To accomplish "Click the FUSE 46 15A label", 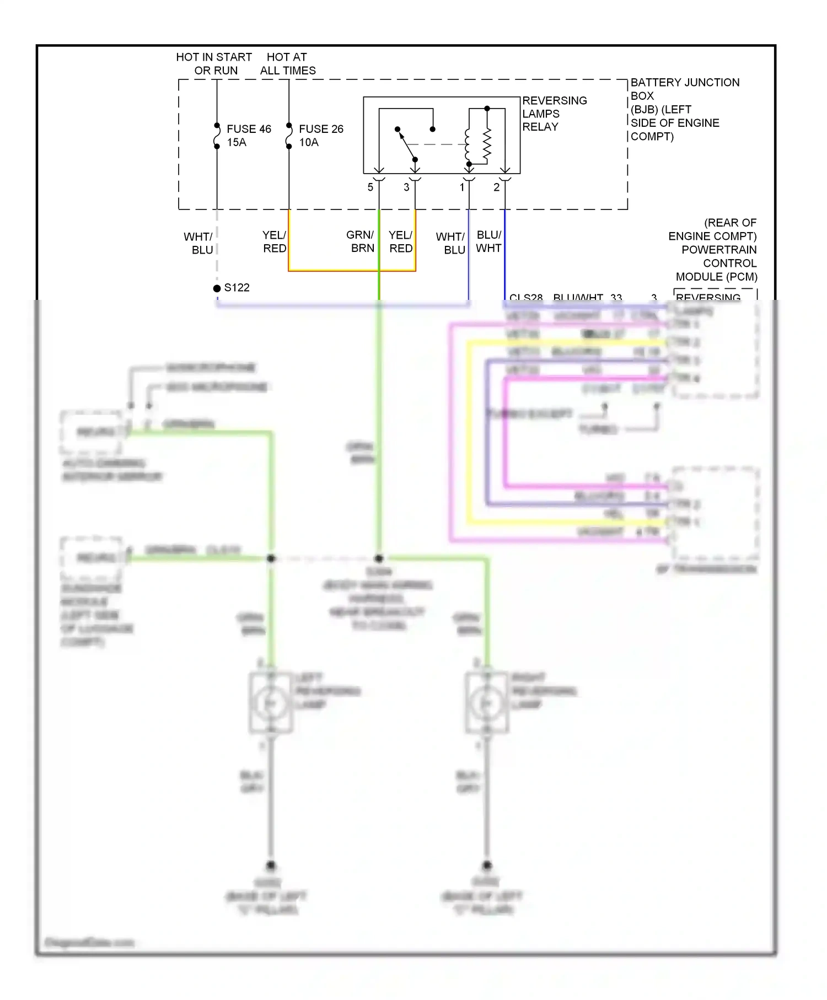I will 248,136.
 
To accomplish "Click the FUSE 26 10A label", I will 320,136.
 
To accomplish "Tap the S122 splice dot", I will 217,288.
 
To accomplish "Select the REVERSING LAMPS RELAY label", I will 554,114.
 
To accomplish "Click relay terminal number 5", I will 370,187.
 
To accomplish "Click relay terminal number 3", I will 406,187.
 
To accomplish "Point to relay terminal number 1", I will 462,187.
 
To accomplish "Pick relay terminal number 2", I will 496,187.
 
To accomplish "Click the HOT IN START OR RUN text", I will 214,64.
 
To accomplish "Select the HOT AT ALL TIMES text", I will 287,64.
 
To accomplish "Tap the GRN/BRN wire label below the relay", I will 361,241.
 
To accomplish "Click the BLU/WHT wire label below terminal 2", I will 488,241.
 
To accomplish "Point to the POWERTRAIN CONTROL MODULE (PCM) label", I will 714,250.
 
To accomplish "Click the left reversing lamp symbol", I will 270,703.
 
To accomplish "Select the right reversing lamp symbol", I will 486,703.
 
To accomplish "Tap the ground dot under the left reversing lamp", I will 271,865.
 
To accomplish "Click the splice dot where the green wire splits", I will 379,558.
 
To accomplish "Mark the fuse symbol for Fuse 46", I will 217,136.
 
